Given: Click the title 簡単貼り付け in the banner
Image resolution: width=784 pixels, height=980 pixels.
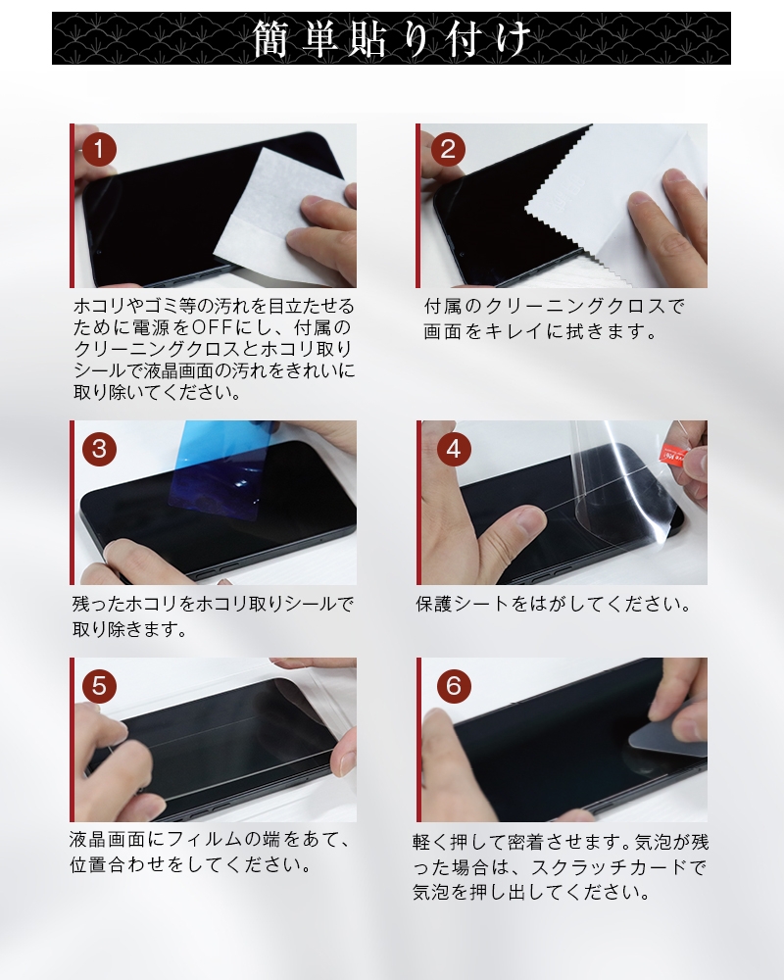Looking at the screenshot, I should (x=392, y=39).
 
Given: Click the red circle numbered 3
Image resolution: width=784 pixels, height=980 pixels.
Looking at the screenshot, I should (x=100, y=449).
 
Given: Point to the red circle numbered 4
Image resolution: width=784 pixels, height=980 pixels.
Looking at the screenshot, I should (x=453, y=449).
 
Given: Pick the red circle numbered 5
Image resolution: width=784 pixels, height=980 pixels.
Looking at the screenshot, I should (x=100, y=685).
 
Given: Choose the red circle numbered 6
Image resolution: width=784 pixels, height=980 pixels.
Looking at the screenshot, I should (x=453, y=685).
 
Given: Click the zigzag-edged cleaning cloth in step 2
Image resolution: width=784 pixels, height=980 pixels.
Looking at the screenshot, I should (x=598, y=206).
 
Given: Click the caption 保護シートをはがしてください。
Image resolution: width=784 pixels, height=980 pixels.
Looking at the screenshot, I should (x=554, y=604).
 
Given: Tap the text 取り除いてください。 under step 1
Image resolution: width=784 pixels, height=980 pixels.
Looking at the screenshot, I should (x=156, y=393).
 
